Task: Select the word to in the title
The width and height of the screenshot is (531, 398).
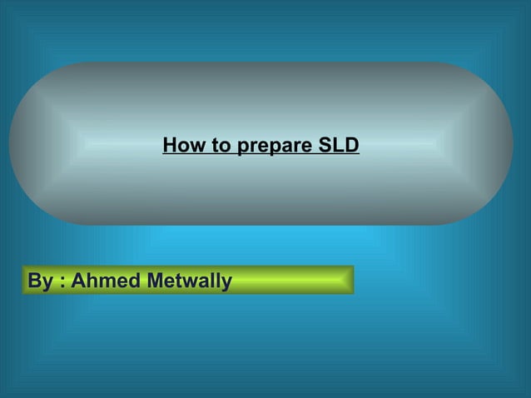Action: point(220,146)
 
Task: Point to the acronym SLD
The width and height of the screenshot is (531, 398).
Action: point(339,146)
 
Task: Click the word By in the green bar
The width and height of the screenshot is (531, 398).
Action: point(38,281)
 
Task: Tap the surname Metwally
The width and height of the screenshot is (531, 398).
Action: point(189,281)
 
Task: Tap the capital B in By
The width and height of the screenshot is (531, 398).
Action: point(34,281)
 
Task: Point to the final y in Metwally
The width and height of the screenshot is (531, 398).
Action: point(226,283)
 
